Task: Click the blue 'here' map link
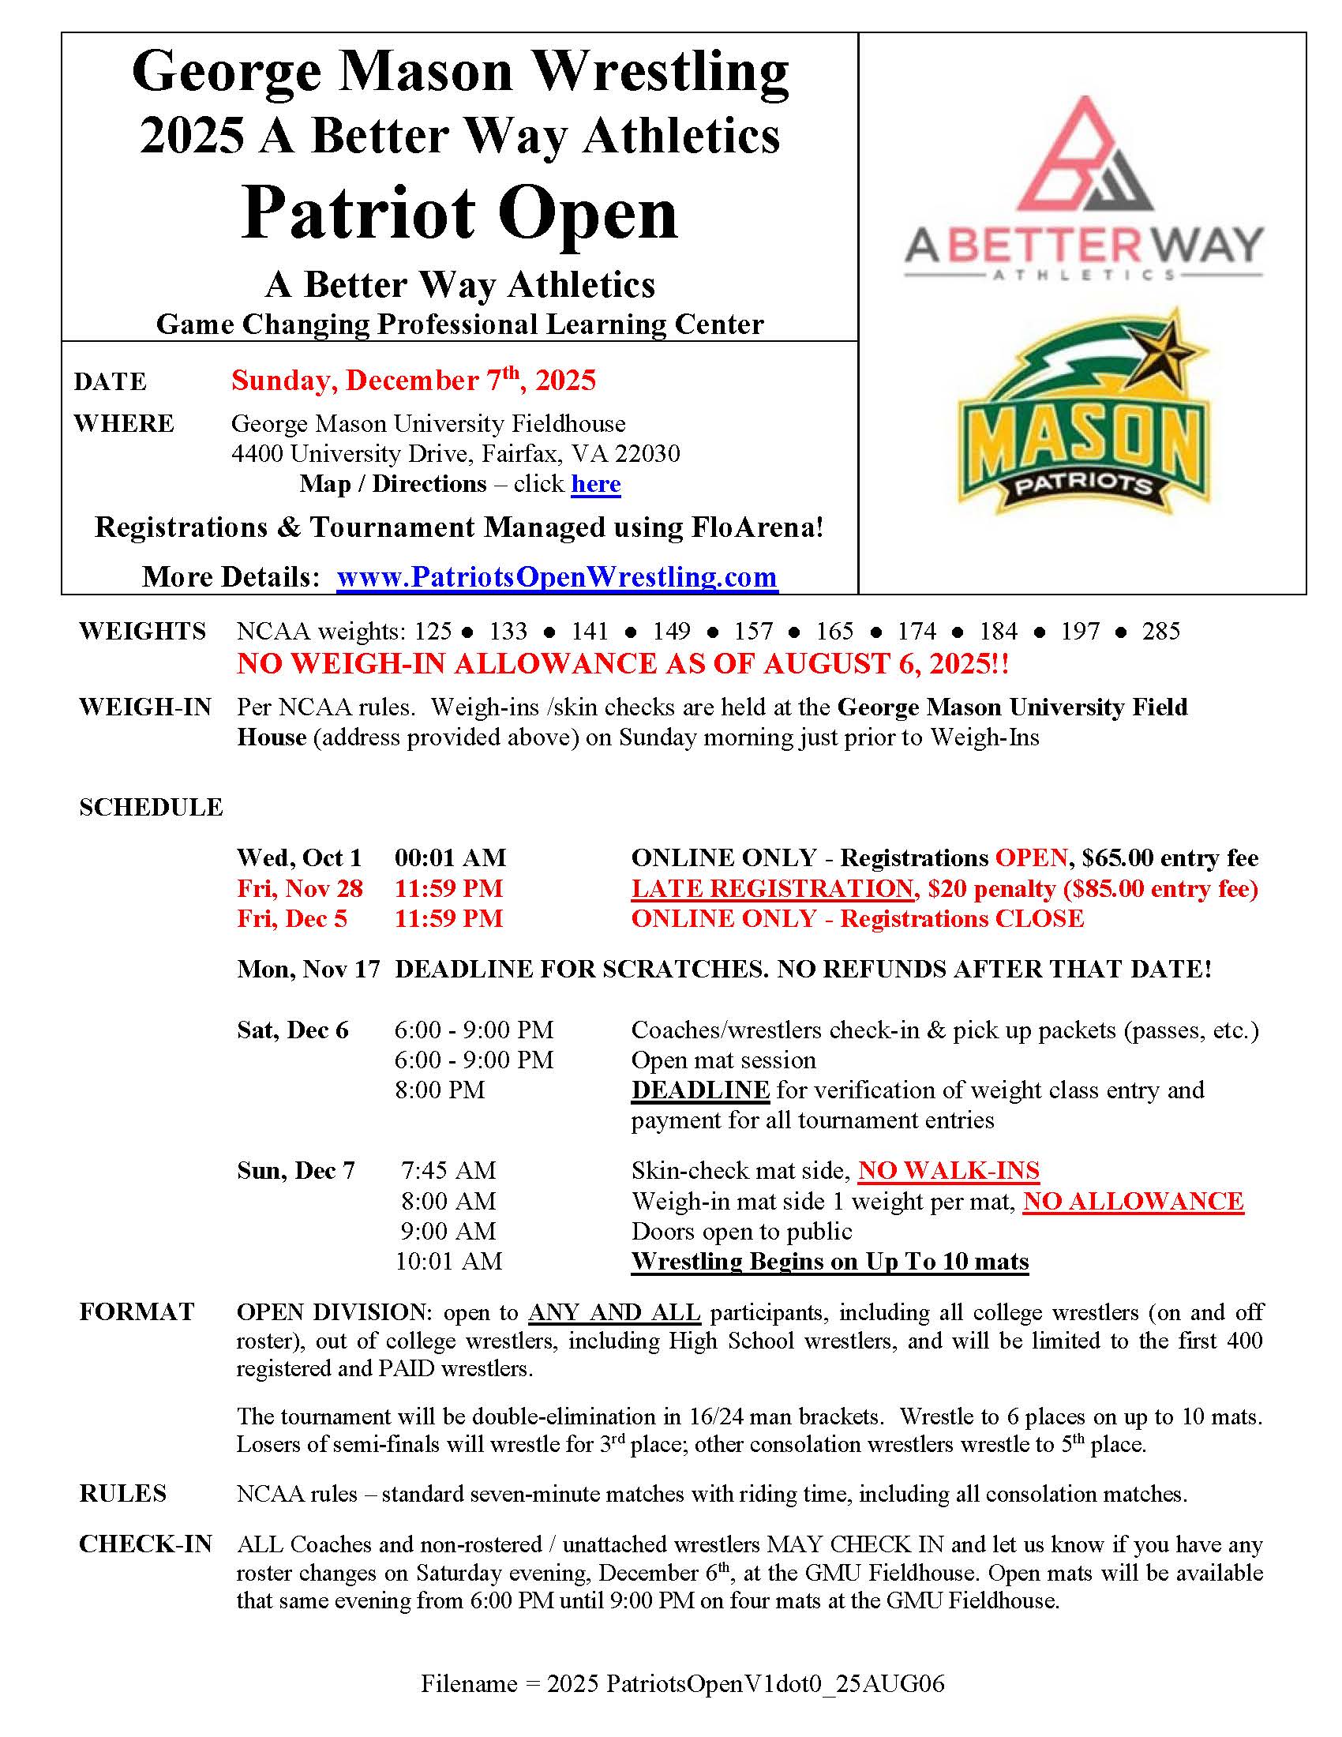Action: click(x=595, y=483)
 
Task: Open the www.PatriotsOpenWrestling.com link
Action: click(x=557, y=576)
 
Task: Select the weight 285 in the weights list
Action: click(x=1160, y=632)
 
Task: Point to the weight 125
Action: click(x=433, y=632)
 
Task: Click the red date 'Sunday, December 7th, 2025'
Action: click(x=414, y=381)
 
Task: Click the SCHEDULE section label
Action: click(x=151, y=807)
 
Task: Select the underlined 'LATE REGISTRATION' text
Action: click(x=772, y=888)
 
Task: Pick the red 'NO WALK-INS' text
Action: click(x=948, y=1170)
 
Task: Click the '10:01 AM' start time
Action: click(x=449, y=1262)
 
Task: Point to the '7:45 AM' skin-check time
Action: click(x=448, y=1170)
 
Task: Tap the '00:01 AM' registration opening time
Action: click(x=450, y=857)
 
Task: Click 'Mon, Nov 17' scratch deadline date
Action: click(x=309, y=969)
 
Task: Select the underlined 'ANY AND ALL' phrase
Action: click(x=613, y=1311)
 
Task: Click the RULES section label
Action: click(x=123, y=1494)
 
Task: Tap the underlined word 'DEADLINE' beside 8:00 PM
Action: click(x=699, y=1090)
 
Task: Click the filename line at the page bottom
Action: click(x=682, y=1683)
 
